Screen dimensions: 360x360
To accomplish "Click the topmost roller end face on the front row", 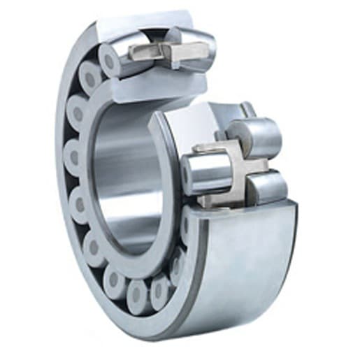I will click(110, 61).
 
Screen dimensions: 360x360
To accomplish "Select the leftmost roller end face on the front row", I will click(74, 160).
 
